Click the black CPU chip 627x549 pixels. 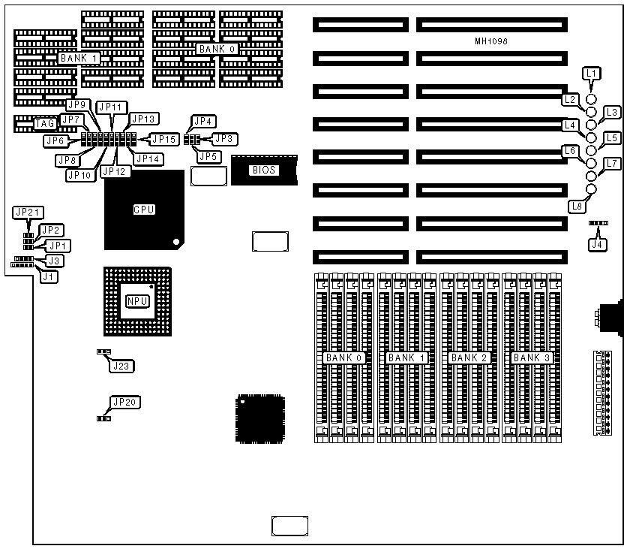(144, 210)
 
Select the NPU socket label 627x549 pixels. (136, 301)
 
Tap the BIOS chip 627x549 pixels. (263, 170)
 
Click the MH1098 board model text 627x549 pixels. (491, 42)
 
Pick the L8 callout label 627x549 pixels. (577, 206)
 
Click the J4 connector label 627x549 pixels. (598, 243)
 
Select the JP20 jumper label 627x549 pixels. (124, 403)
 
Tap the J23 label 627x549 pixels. (119, 366)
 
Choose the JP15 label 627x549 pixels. (163, 139)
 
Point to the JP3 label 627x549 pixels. (224, 138)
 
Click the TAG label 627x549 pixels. (45, 123)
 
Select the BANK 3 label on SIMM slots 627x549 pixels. (532, 358)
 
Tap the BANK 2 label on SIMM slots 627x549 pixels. (469, 358)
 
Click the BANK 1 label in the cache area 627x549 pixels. (79, 58)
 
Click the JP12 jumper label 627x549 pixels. (114, 171)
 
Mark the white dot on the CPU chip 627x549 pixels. (175, 242)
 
